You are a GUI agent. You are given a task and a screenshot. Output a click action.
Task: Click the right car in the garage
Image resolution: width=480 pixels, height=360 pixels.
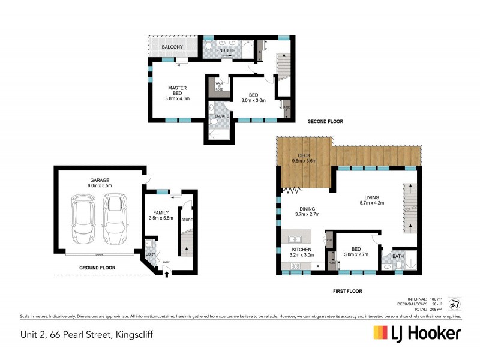click(x=115, y=220)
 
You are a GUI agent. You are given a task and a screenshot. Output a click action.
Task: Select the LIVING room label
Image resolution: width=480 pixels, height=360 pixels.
click(x=377, y=197)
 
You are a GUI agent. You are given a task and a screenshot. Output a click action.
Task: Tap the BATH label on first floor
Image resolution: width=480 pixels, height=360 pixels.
click(x=398, y=257)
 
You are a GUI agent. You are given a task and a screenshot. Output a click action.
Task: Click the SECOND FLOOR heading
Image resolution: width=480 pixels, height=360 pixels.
click(x=325, y=122)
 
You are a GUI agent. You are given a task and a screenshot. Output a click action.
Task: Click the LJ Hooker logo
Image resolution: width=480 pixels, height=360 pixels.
click(x=416, y=333)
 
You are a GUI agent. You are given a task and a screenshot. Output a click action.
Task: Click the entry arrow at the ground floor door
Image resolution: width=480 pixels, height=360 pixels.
click(x=166, y=275)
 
